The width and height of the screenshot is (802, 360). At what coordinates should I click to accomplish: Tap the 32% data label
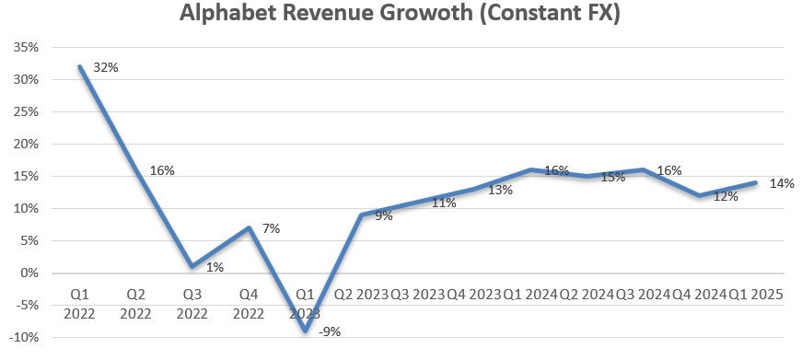[106, 67]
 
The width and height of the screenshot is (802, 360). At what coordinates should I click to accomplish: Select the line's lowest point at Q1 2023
[305, 331]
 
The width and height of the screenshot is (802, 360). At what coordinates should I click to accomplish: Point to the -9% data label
[329, 332]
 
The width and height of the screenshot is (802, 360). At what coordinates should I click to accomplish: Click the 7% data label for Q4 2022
[272, 227]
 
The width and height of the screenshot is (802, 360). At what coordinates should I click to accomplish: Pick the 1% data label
[214, 267]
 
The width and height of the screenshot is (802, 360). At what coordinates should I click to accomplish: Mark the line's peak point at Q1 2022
[81, 67]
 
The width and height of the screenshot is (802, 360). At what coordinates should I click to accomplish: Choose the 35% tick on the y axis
[25, 48]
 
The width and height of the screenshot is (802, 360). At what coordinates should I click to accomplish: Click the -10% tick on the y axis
[22, 337]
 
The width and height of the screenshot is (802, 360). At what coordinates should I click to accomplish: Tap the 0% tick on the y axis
[28, 273]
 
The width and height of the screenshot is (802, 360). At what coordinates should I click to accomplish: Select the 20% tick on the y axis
[25, 145]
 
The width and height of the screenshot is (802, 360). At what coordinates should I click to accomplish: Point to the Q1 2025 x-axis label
[756, 295]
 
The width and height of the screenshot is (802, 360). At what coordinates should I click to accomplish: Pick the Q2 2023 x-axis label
[362, 295]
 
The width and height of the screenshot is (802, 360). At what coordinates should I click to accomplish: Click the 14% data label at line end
[782, 183]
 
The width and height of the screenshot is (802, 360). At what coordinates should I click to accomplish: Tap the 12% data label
[725, 196]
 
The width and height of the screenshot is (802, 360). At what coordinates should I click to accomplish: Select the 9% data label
[384, 216]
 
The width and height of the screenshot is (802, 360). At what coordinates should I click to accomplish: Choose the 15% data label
[612, 177]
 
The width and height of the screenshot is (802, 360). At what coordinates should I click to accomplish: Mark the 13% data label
[500, 191]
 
